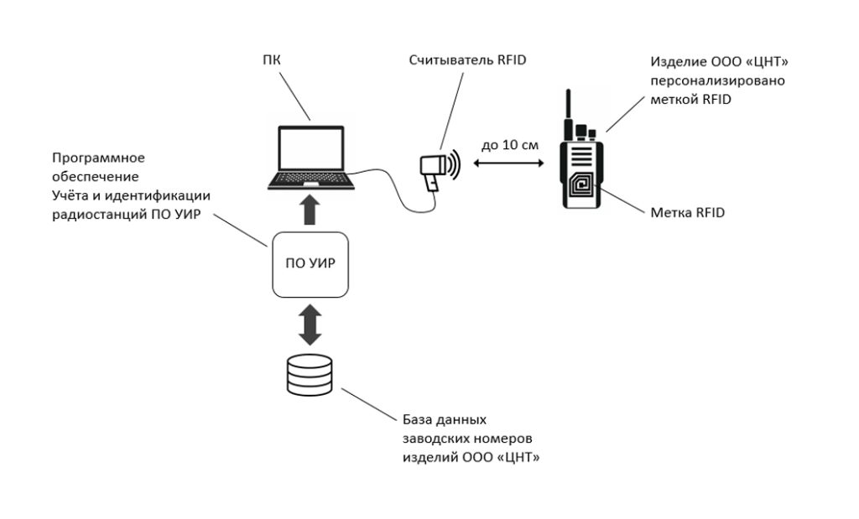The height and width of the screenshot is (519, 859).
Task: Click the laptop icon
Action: tap(310, 158)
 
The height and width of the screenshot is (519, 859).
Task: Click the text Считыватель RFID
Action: tap(467, 60)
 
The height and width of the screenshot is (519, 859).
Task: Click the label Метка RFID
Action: tap(687, 213)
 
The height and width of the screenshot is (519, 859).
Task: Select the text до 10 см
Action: tap(509, 144)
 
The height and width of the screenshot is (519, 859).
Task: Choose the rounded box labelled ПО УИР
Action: tap(310, 265)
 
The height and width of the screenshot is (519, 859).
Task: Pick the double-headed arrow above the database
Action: tap(310, 324)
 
